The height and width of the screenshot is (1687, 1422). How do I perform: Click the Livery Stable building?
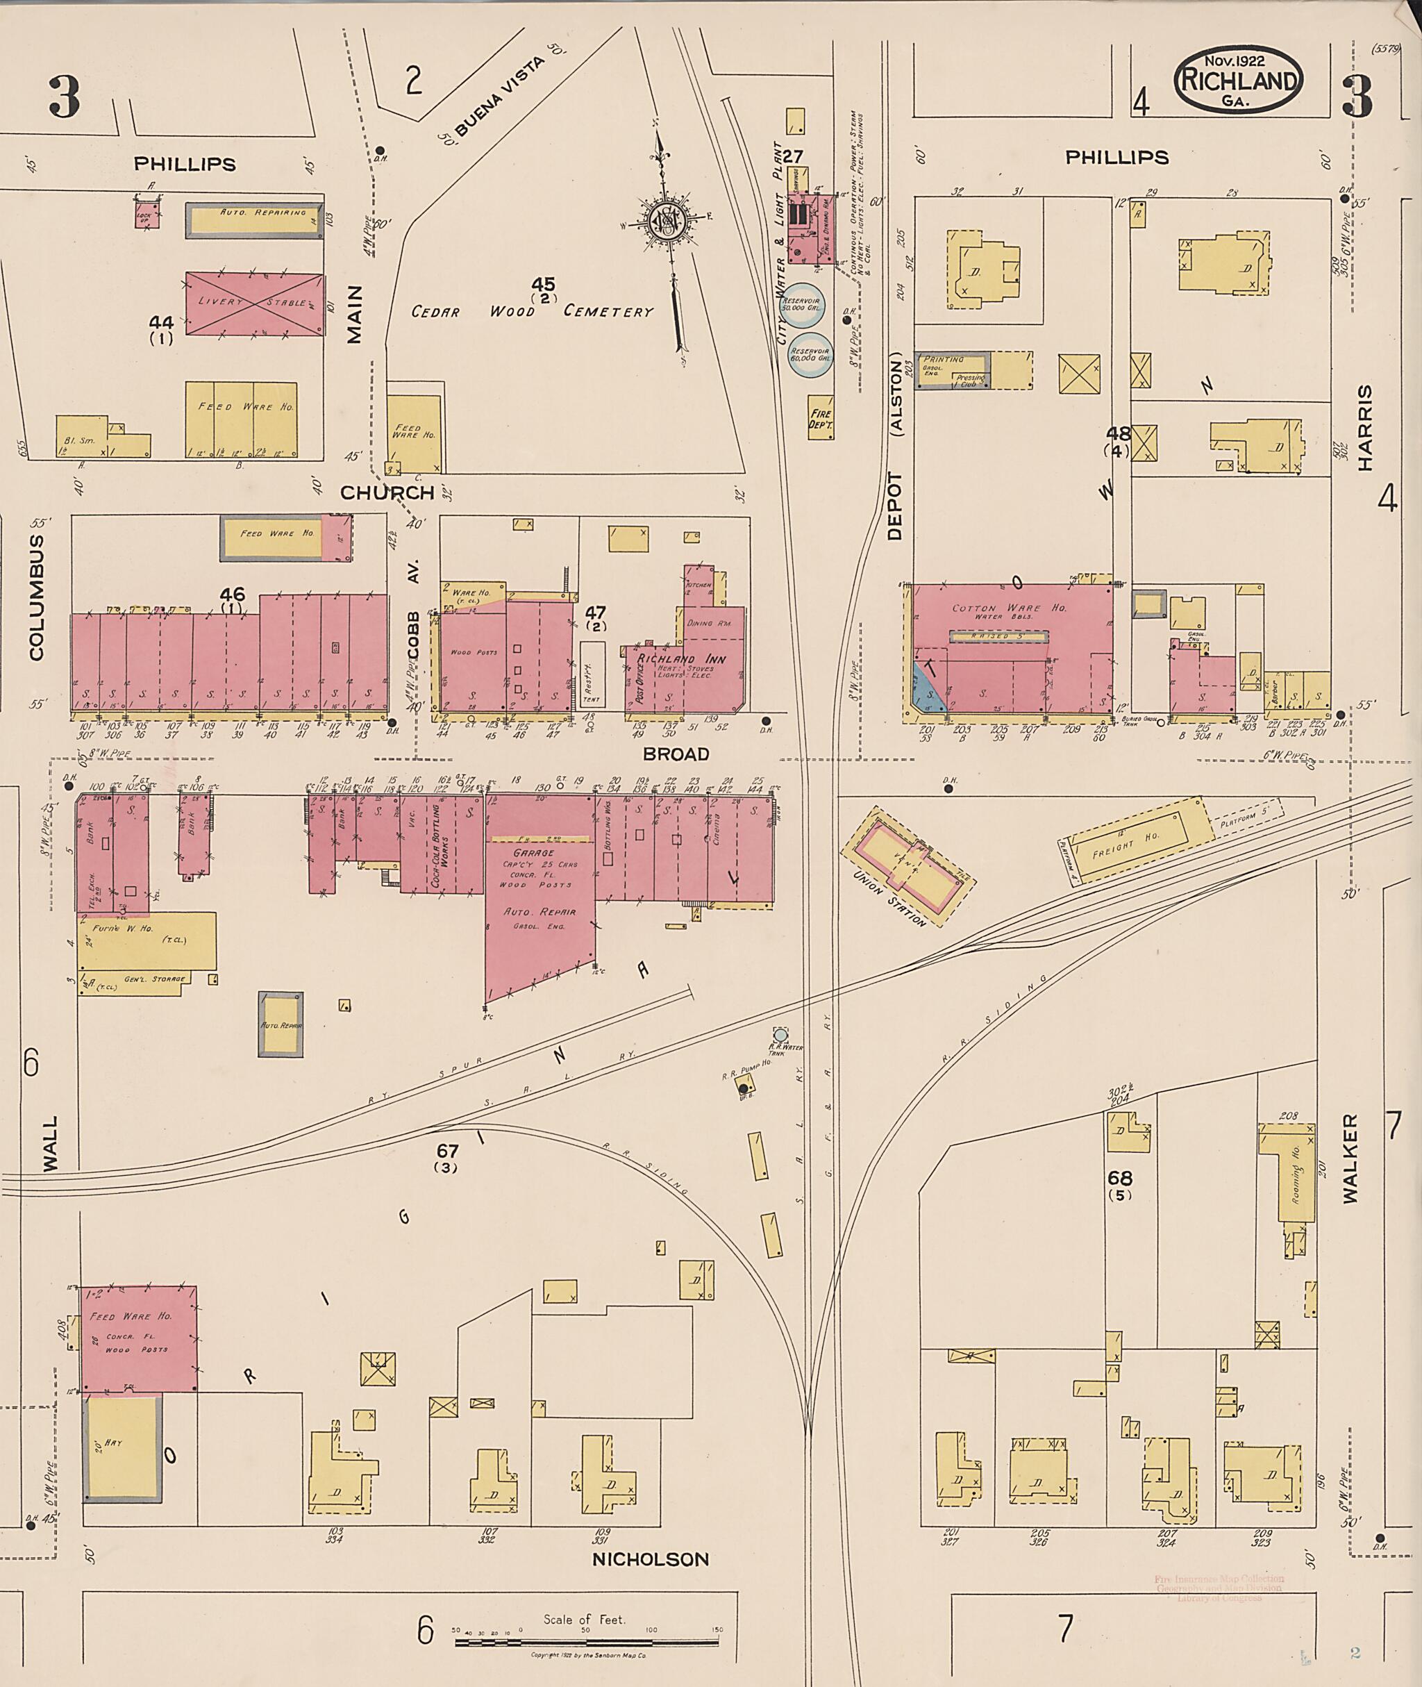(254, 304)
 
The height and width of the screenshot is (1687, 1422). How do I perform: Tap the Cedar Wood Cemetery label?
(532, 311)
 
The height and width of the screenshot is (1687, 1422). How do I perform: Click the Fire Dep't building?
(821, 419)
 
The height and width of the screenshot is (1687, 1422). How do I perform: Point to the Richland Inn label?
(682, 660)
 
